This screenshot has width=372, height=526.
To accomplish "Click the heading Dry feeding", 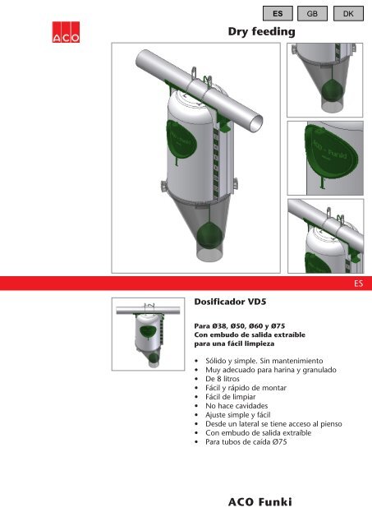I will pos(260,31).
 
